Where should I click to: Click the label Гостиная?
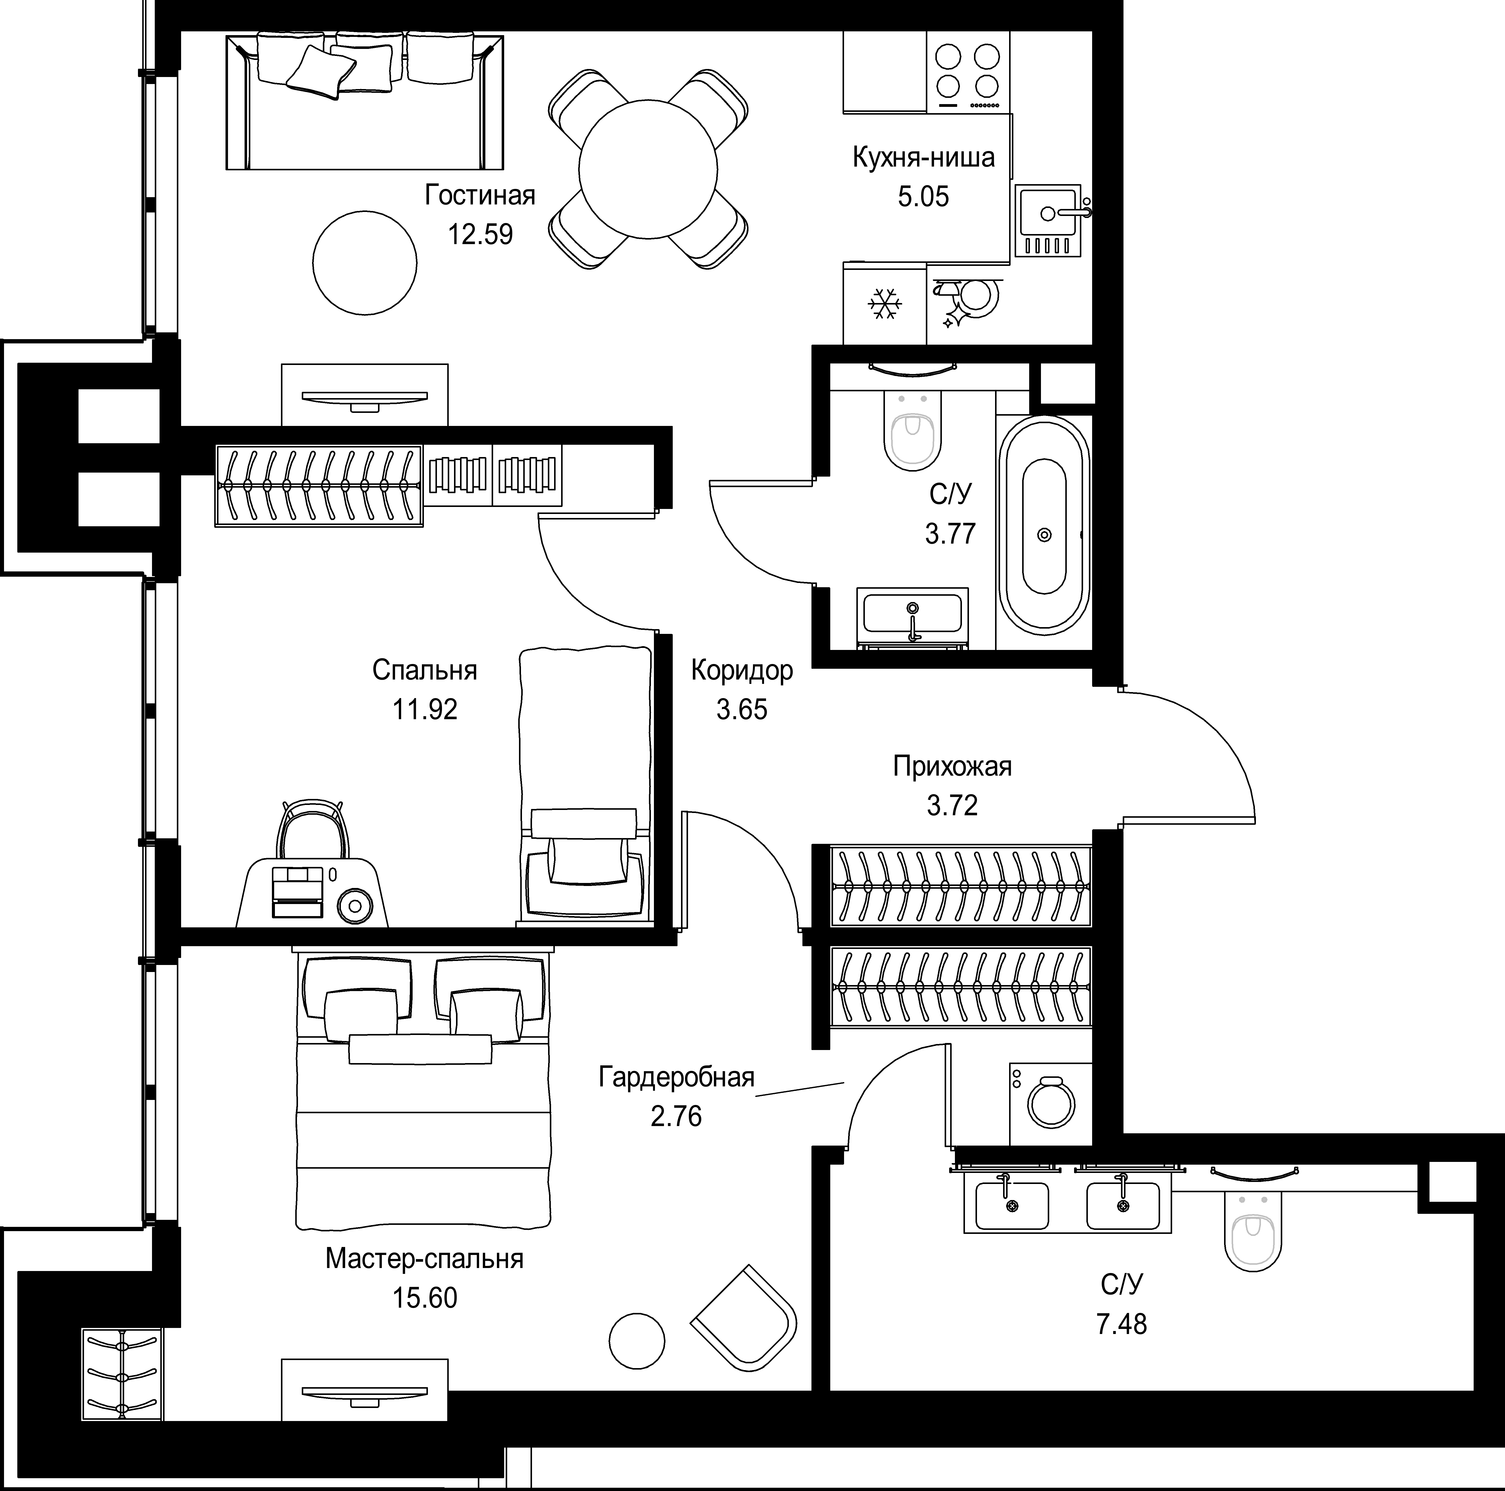tap(480, 195)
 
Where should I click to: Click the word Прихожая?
tap(952, 767)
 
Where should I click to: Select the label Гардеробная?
tap(676, 1077)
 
